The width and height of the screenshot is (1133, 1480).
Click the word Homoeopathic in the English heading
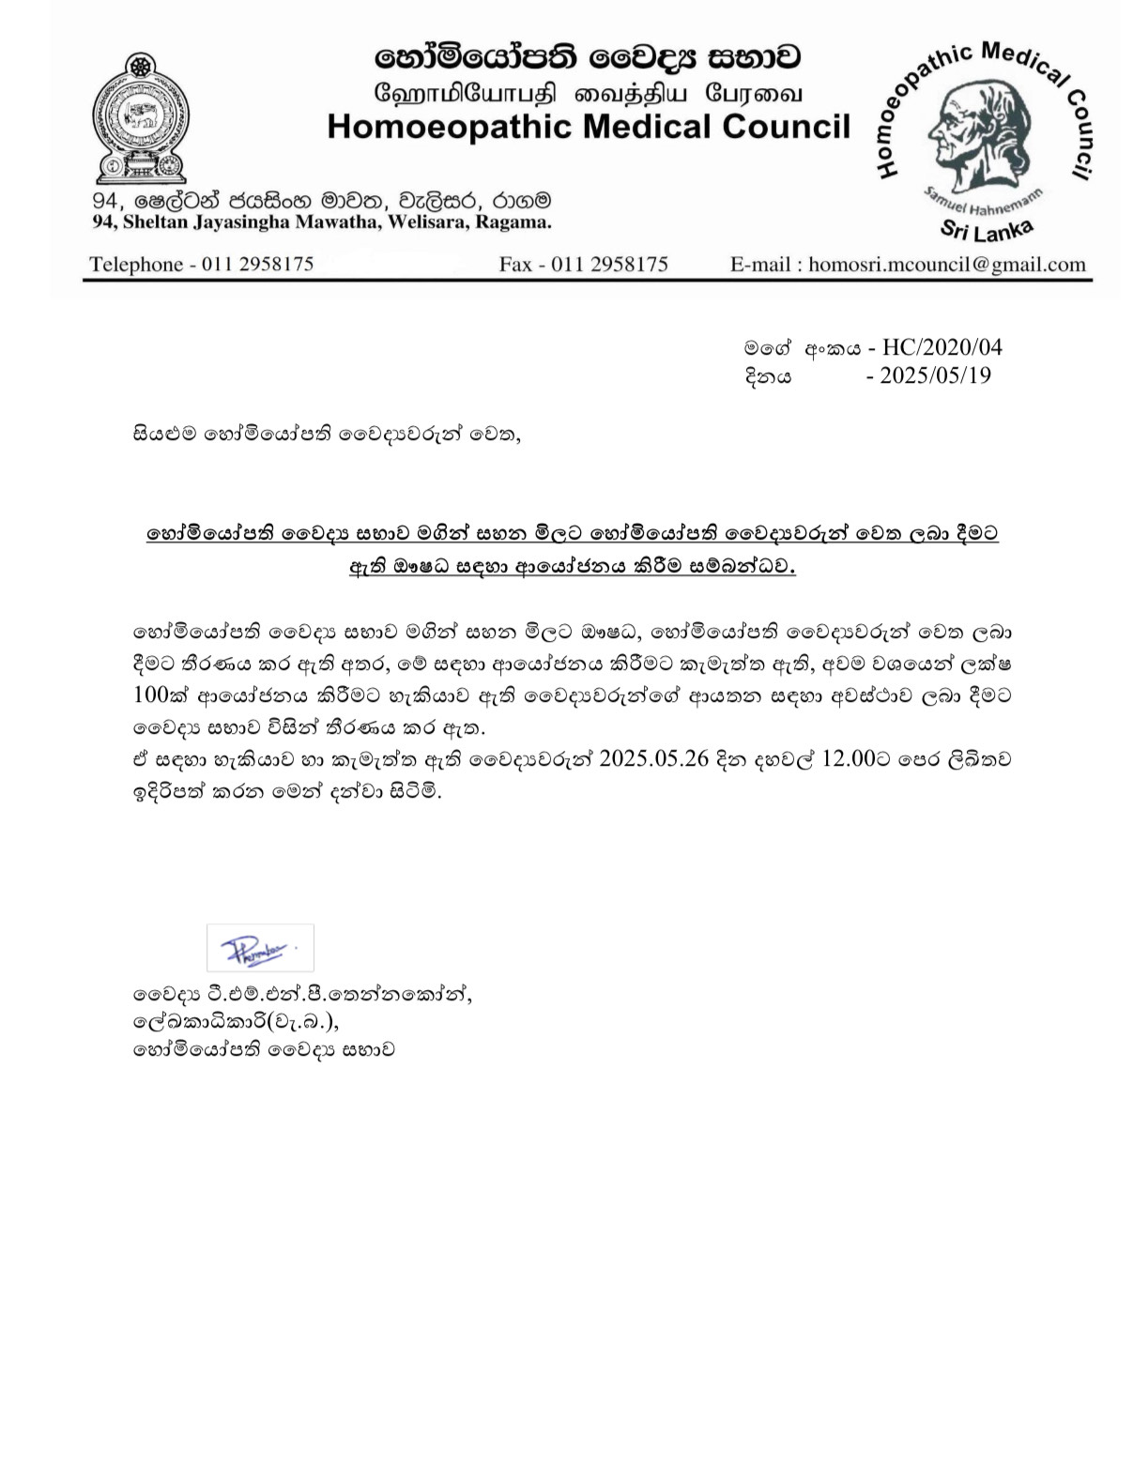(450, 127)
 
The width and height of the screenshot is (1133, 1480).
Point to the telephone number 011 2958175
(257, 264)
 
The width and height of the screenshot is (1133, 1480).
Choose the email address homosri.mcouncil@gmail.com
(946, 264)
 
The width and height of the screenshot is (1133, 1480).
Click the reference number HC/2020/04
(942, 347)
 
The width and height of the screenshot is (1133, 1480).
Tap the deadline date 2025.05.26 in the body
(653, 758)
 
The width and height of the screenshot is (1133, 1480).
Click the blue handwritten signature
(258, 949)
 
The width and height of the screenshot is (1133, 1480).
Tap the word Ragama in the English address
(513, 222)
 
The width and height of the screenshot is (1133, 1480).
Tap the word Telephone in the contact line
(135, 264)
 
